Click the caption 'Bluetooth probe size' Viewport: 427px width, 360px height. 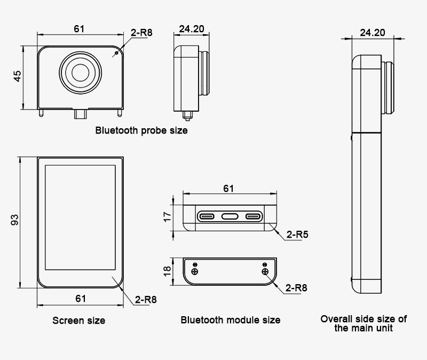(x=141, y=130)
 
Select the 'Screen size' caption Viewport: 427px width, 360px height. (x=78, y=320)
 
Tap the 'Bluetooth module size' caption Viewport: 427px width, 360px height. (x=230, y=320)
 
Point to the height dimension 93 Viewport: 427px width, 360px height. (x=15, y=220)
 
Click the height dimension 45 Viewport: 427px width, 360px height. (x=18, y=77)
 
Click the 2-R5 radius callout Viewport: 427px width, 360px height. (x=297, y=234)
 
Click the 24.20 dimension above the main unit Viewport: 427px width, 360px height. (x=372, y=33)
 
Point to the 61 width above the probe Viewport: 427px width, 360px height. (x=79, y=29)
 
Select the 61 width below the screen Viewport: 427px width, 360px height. (x=81, y=299)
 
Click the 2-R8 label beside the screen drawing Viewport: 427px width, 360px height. (x=146, y=299)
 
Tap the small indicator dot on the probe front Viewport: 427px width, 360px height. (x=116, y=54)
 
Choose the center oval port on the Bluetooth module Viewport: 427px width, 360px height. (x=229, y=216)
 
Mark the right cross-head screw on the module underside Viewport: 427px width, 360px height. (x=265, y=271)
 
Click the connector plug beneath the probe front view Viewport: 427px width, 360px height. (x=81, y=114)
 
